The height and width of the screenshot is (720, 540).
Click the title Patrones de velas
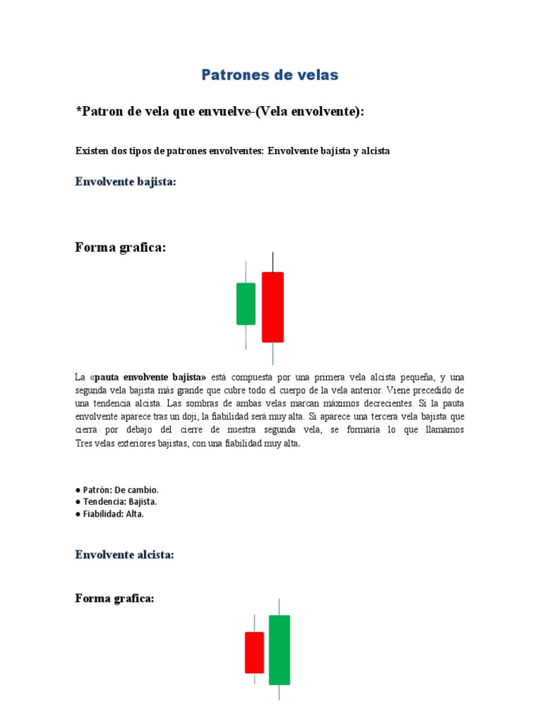(x=270, y=75)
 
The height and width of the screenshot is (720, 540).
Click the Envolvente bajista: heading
(x=125, y=182)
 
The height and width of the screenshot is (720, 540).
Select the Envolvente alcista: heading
(x=124, y=555)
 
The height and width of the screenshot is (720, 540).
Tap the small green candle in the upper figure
(x=246, y=304)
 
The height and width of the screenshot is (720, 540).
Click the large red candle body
(x=273, y=307)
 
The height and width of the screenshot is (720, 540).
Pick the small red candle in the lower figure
(x=254, y=652)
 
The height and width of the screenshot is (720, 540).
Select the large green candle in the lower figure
(x=279, y=650)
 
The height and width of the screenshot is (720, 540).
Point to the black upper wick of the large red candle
(x=273, y=262)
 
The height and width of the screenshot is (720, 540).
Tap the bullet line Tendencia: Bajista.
(x=116, y=501)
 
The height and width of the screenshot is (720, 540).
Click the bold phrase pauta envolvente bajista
(x=150, y=377)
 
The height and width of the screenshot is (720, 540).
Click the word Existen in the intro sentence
(x=90, y=151)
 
